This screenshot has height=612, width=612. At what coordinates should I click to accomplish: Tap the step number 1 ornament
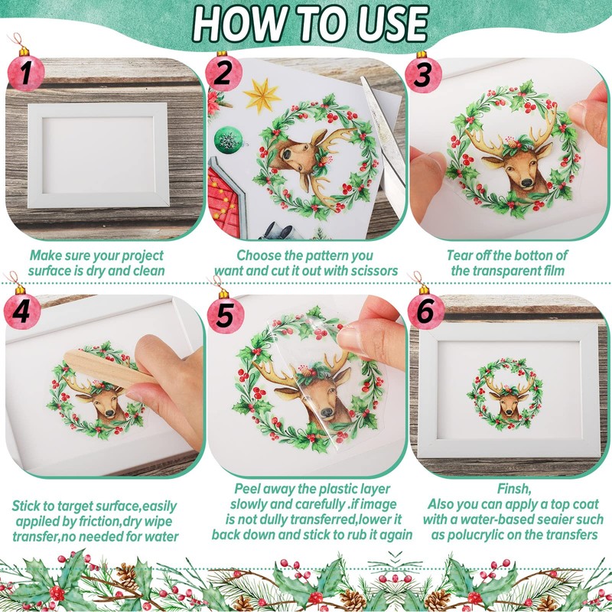click(25, 71)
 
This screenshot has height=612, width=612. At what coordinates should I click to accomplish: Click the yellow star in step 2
click(262, 95)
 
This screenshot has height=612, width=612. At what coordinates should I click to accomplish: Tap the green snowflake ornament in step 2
click(228, 140)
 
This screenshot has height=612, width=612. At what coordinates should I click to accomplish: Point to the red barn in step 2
click(224, 199)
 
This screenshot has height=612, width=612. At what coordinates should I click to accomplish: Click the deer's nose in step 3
click(526, 182)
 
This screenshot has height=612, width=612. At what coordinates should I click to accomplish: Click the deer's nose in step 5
click(327, 412)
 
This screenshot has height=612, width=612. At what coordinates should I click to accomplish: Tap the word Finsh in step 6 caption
click(514, 488)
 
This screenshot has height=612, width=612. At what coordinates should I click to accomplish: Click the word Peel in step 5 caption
click(246, 488)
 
